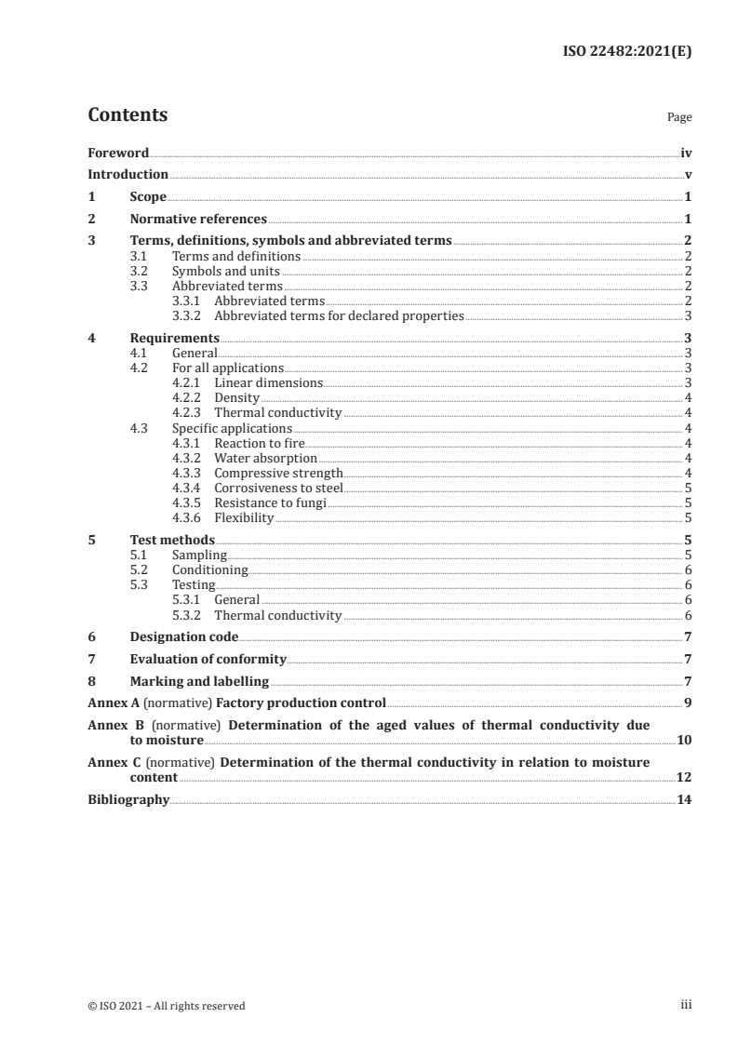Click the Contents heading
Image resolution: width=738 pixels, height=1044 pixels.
pos(127,115)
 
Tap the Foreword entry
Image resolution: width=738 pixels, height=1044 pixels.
pos(118,153)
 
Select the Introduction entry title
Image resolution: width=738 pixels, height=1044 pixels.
pos(127,174)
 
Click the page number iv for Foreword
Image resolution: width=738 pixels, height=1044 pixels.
pos(686,153)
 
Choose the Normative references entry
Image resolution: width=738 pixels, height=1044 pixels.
pos(198,220)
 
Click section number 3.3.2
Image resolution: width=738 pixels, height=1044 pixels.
pos(189,316)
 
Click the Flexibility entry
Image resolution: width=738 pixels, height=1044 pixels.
pos(244,517)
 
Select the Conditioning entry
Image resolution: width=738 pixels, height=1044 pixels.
pos(209,569)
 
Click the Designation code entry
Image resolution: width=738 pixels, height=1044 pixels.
pos(183,637)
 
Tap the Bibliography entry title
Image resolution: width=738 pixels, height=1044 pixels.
pos(128,799)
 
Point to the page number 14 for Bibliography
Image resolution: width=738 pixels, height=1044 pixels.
pos(684,799)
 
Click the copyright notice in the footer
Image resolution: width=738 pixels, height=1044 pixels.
pos(167,1005)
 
